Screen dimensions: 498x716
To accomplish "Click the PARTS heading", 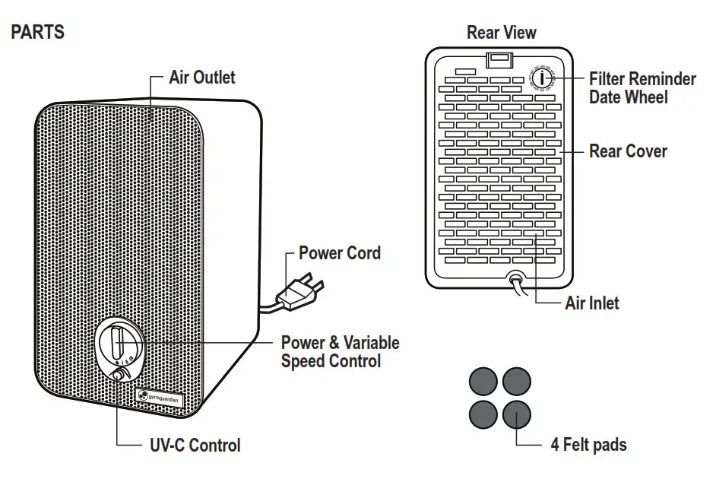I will [37, 33].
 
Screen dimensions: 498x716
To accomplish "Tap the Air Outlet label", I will [202, 78].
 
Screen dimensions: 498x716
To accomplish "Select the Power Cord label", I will [340, 253].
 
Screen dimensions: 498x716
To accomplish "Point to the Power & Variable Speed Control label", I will [340, 352].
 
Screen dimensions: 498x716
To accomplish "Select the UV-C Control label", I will [195, 446].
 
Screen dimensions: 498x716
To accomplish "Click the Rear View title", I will [501, 33].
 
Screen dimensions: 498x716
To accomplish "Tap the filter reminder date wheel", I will [542, 78].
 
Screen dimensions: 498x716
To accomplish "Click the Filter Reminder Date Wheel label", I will [642, 88].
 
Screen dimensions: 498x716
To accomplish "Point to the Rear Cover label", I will [628, 151].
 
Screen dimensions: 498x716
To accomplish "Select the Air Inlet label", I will [592, 303].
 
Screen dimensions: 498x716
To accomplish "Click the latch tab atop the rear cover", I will [499, 58].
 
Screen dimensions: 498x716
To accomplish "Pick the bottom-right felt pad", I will [517, 415].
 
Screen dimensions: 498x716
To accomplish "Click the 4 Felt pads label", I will [588, 445].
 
